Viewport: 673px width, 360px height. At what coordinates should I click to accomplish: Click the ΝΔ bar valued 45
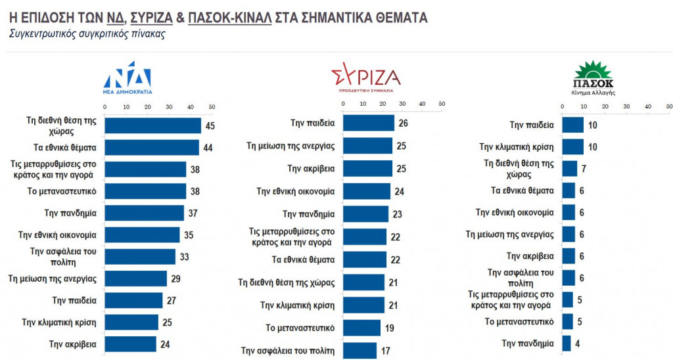pos(152,125)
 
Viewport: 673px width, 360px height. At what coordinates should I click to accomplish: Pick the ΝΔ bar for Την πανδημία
pos(144,213)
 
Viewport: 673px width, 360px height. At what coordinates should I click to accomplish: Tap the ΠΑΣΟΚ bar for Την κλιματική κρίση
pos(572,146)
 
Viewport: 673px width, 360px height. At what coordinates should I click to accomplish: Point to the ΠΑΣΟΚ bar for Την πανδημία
pos(566,343)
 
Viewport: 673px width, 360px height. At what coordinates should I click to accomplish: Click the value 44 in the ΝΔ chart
pos(208,148)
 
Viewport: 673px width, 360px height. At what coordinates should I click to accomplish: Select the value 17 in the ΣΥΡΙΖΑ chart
pos(385,351)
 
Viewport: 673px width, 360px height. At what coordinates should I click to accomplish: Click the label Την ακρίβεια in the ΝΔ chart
pos(74,344)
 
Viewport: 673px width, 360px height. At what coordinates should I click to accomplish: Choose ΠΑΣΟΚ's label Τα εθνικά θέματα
pos(523,191)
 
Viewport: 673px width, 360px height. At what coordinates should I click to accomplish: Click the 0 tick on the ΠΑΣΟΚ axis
pos(563,106)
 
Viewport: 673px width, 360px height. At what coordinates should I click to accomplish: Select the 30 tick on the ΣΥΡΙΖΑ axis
pos(399,104)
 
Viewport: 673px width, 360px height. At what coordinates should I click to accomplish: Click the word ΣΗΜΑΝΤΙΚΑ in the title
pos(340,18)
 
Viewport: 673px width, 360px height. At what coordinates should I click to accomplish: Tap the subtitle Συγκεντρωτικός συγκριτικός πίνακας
pos(87,34)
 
